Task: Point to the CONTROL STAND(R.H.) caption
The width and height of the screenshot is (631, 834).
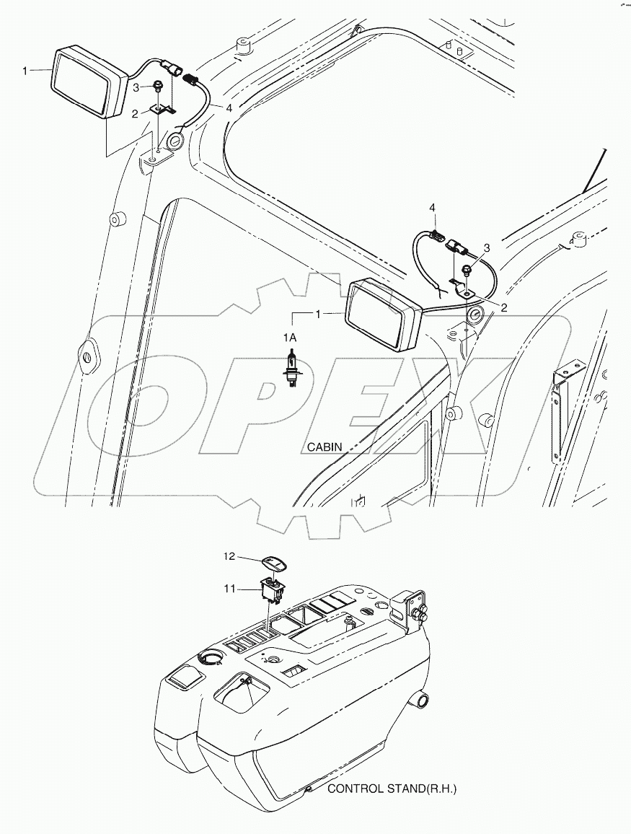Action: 392,789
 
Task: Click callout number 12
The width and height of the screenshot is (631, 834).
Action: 229,556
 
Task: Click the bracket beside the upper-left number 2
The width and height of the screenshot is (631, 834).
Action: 162,110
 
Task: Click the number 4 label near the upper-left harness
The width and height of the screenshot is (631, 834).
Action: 229,108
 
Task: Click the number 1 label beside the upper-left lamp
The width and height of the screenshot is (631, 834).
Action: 25,70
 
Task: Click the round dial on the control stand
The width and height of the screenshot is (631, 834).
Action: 213,657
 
